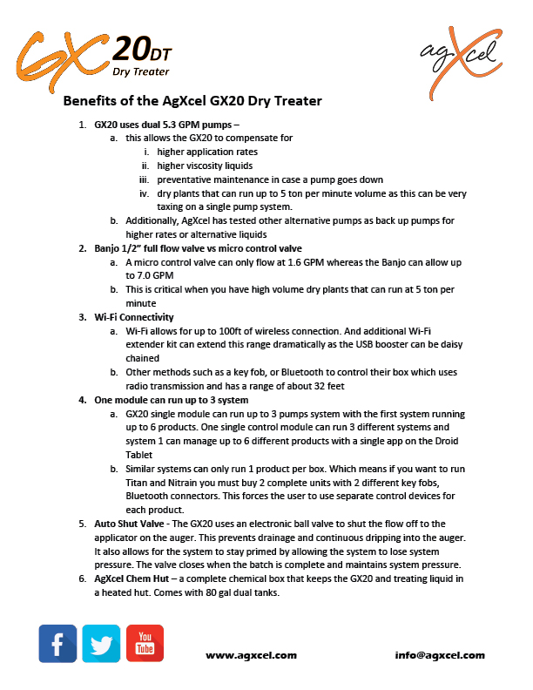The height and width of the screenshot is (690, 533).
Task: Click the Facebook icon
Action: [57, 644]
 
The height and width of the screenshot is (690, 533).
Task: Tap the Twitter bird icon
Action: [101, 644]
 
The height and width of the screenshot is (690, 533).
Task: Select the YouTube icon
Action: [145, 644]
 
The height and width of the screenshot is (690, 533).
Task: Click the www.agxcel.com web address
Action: [251, 654]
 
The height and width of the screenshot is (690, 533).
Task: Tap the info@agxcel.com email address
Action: [440, 654]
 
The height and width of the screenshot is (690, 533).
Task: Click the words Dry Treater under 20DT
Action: [141, 71]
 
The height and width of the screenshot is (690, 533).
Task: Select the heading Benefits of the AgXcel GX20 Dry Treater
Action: [192, 101]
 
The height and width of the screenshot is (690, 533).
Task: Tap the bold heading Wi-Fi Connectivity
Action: [134, 317]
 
